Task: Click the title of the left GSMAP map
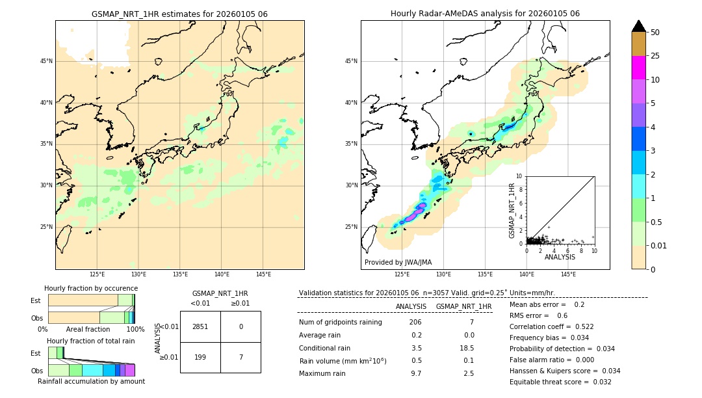pyautogui.click(x=179, y=14)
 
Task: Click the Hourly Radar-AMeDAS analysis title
pyautogui.click(x=485, y=14)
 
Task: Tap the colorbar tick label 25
pyautogui.click(x=655, y=56)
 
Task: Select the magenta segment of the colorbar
pyautogui.click(x=638, y=68)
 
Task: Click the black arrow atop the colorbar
pyautogui.click(x=638, y=26)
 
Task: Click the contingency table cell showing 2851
pyautogui.click(x=200, y=326)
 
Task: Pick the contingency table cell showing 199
pyautogui.click(x=200, y=357)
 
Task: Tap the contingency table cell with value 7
pyautogui.click(x=240, y=357)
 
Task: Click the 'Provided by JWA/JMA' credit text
pyautogui.click(x=398, y=262)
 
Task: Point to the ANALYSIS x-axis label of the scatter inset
pyautogui.click(x=560, y=257)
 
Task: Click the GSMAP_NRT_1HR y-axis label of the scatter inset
pyautogui.click(x=512, y=210)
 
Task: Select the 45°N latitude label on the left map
pyautogui.click(x=46, y=61)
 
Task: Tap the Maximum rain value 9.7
pyautogui.click(x=416, y=373)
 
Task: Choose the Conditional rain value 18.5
pyautogui.click(x=468, y=348)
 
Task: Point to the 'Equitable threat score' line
pyautogui.click(x=560, y=382)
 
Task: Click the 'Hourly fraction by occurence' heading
pyautogui.click(x=91, y=288)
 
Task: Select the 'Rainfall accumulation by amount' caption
pyautogui.click(x=91, y=381)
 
